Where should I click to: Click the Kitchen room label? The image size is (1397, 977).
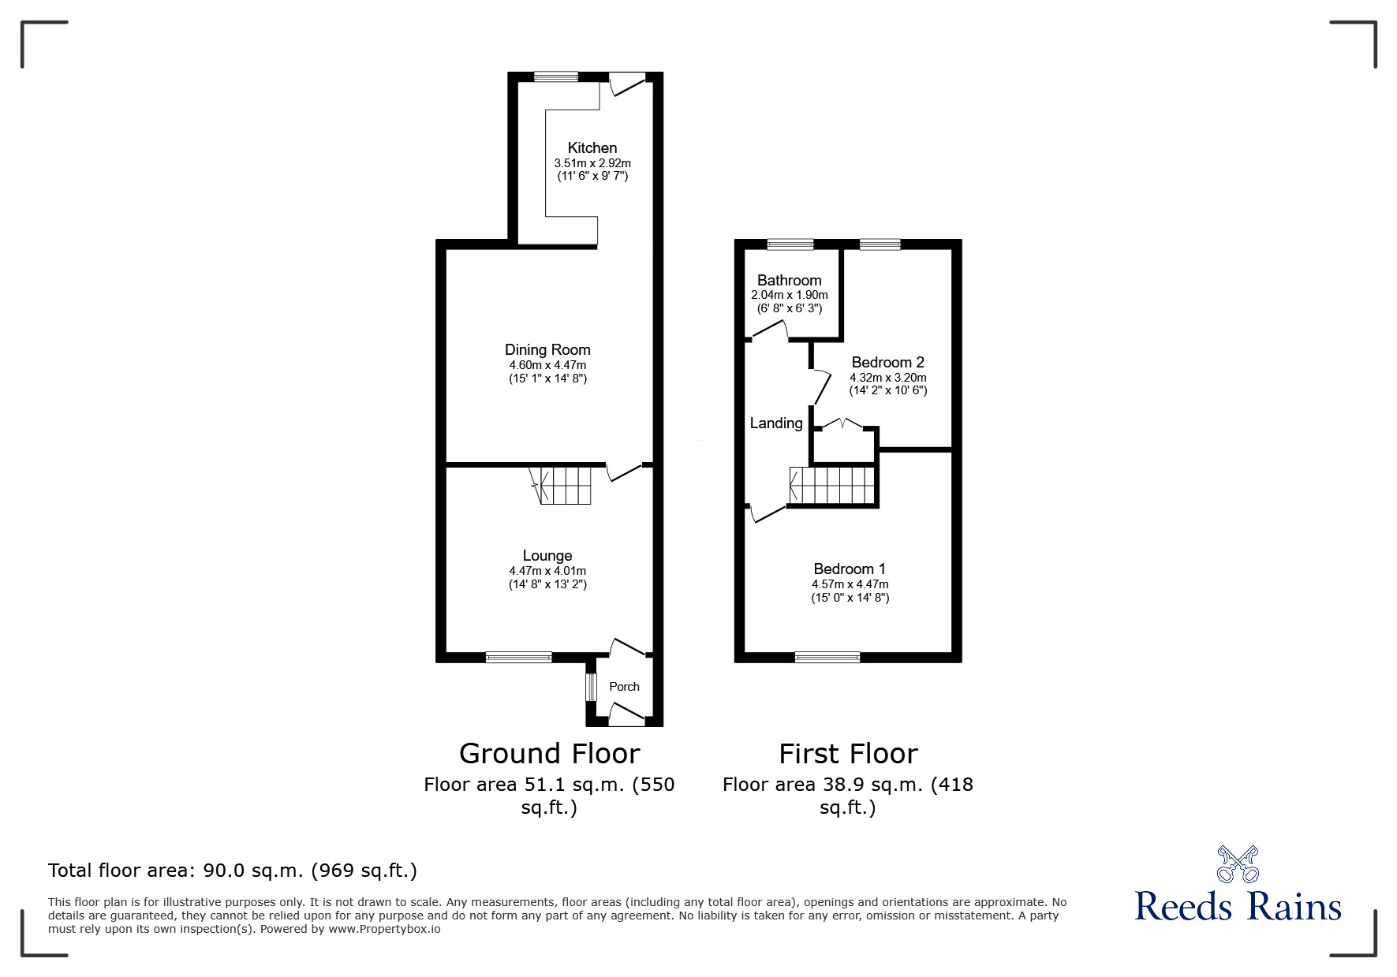(592, 147)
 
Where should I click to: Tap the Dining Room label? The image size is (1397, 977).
(547, 349)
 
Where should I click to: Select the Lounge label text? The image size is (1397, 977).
(547, 555)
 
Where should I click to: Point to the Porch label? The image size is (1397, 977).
(624, 686)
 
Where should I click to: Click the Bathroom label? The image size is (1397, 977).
(789, 280)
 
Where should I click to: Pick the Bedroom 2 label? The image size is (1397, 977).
(887, 362)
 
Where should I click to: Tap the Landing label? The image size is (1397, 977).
(776, 423)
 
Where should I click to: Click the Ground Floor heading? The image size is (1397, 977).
(549, 753)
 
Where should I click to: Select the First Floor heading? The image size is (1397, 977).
(848, 753)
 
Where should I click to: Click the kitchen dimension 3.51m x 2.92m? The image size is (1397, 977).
(592, 163)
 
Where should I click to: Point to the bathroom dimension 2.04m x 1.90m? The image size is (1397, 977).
(789, 295)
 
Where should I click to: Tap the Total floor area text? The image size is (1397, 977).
(233, 871)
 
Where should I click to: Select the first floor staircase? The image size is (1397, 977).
(833, 485)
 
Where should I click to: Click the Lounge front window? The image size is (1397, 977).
(518, 657)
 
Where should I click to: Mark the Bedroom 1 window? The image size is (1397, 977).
(827, 657)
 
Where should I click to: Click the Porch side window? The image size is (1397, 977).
(590, 686)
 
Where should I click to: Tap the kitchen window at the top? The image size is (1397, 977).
(555, 76)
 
